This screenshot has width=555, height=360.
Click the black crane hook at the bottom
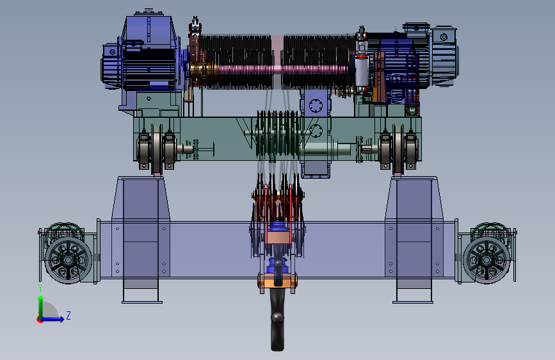click(x=277, y=319)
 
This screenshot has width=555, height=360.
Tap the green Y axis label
click(x=40, y=288)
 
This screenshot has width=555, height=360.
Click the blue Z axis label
click(x=68, y=315)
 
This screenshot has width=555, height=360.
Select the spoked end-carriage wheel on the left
click(x=68, y=260)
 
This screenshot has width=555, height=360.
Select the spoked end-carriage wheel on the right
click(x=487, y=260)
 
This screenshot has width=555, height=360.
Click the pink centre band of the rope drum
click(x=278, y=62)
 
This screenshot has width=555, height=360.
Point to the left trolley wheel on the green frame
click(x=157, y=149)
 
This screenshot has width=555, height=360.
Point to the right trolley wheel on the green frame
click(x=398, y=149)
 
